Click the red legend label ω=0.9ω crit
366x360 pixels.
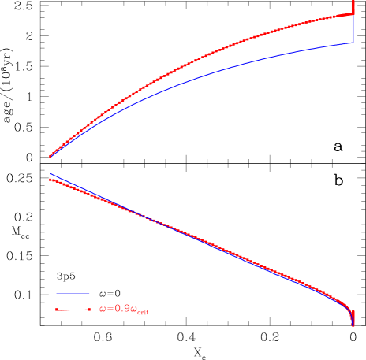pyautogui.click(x=124, y=310)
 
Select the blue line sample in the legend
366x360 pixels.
pyautogui.click(x=73, y=294)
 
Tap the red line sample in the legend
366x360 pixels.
pyautogui.click(x=73, y=310)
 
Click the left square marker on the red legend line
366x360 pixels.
pyautogui.click(x=58, y=310)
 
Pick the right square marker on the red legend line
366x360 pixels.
pyautogui.click(x=89, y=310)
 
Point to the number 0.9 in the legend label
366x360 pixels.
pyautogui.click(x=123, y=310)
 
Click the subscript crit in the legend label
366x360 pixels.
pyautogui.click(x=143, y=313)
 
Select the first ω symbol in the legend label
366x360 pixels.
pyautogui.click(x=103, y=310)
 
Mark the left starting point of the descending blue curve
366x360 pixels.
pyautogui.click(x=50, y=173)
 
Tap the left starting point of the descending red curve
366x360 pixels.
pyautogui.click(x=50, y=180)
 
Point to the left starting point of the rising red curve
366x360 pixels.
pyautogui.click(x=50, y=157)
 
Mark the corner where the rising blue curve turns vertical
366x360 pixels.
pyautogui.click(x=353, y=43)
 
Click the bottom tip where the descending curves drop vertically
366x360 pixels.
pyautogui.click(x=353, y=325)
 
